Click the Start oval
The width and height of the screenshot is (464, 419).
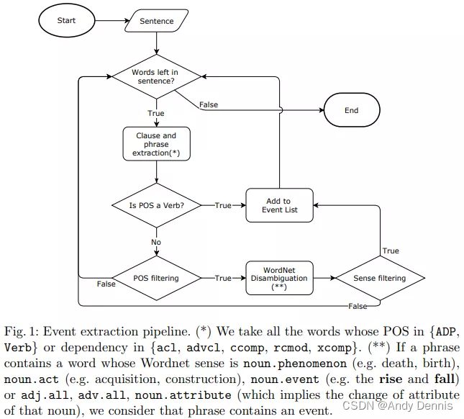click(x=66, y=21)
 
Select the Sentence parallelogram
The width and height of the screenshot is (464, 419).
click(x=156, y=22)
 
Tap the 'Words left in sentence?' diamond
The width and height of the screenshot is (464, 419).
click(x=156, y=77)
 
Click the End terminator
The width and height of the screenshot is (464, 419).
click(x=351, y=110)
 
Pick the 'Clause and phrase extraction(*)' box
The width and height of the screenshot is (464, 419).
click(x=156, y=145)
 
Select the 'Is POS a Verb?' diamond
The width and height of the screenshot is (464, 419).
click(x=156, y=205)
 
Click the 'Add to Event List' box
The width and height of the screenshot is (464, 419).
click(x=278, y=205)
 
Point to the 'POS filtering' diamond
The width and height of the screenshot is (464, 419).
click(x=156, y=278)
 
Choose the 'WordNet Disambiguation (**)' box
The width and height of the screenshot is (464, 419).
click(x=278, y=278)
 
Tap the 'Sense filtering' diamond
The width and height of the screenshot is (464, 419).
click(x=381, y=278)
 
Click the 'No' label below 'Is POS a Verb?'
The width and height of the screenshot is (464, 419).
click(x=156, y=243)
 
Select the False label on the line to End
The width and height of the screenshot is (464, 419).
click(x=209, y=105)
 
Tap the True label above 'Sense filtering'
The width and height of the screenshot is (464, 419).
click(x=391, y=251)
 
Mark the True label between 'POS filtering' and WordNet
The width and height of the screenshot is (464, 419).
click(x=223, y=278)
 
